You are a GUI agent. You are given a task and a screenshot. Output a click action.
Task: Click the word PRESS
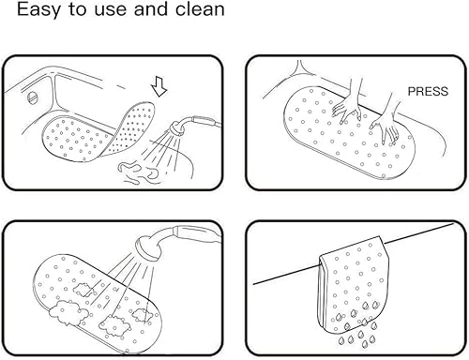pyautogui.click(x=428, y=91)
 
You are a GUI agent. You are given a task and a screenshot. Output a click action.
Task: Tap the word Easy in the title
pyautogui.click(x=38, y=10)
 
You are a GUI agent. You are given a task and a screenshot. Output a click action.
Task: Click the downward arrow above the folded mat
pyautogui.click(x=159, y=86)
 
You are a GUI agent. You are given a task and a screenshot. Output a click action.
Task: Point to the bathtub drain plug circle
pyautogui.click(x=33, y=97)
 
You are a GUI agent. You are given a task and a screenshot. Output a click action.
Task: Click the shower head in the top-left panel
pyautogui.click(x=176, y=128)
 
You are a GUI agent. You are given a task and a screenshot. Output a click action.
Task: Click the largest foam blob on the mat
pyautogui.click(x=68, y=312)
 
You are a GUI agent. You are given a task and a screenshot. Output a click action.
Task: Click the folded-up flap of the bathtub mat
pyautogui.click(x=132, y=128)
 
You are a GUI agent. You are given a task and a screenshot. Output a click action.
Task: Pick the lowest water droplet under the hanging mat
pyautogui.click(x=365, y=344)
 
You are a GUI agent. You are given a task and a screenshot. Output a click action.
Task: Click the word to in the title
pyautogui.click(x=77, y=9)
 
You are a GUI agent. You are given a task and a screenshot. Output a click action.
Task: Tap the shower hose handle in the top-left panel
pyautogui.click(x=204, y=121)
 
